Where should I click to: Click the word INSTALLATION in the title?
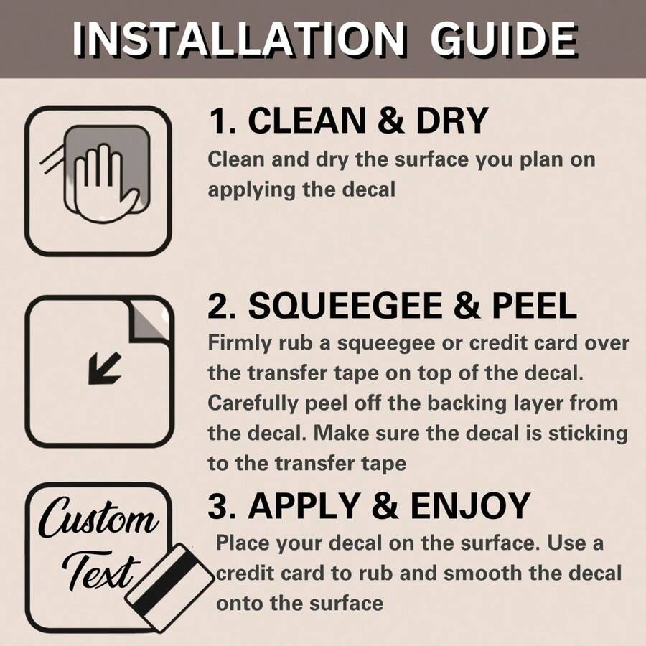238,39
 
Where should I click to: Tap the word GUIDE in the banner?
503,39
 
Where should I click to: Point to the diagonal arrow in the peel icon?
105,369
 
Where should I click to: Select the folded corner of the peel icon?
149,322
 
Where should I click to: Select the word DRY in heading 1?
452,121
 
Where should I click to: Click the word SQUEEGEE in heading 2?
345,306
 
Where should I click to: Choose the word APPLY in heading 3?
304,506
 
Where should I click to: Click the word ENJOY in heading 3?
470,506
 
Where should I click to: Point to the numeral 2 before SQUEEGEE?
217,306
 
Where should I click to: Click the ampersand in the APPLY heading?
385,506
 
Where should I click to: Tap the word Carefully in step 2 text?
252,403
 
